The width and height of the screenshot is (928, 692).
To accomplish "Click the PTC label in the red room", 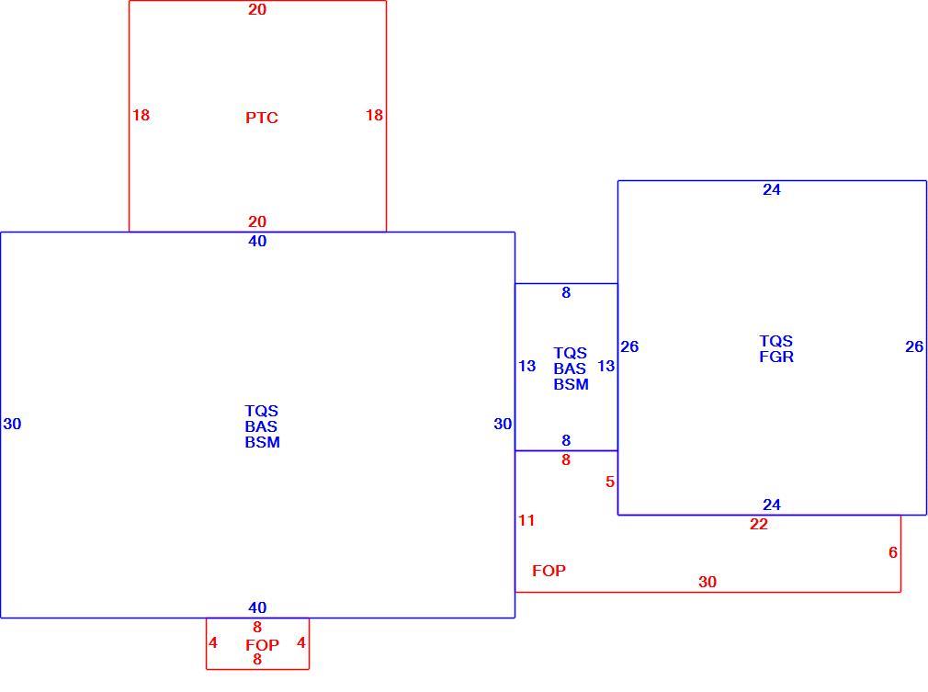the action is [262, 118].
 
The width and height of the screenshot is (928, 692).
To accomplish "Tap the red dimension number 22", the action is [759, 524].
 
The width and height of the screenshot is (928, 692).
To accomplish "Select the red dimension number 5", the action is [610, 482].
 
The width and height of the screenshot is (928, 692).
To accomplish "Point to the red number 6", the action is [893, 552].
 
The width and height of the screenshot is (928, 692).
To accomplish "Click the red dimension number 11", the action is [526, 520].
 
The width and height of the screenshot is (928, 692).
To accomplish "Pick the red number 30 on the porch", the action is [707, 582].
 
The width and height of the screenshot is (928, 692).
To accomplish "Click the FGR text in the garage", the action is [776, 357].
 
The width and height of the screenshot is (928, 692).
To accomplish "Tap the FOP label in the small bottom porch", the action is [262, 644].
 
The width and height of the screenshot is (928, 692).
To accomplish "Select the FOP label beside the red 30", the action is [549, 571].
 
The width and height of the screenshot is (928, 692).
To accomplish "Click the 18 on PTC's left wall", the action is [141, 115].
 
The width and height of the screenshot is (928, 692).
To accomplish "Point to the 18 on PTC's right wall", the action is [374, 115].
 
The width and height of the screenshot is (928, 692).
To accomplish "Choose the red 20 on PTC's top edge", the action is [257, 9].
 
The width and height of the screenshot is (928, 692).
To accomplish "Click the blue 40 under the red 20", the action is [257, 241].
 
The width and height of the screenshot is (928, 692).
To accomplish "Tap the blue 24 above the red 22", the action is [772, 505].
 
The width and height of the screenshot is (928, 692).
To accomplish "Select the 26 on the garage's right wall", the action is [914, 346].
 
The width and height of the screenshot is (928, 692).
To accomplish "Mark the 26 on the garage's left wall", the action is [629, 346].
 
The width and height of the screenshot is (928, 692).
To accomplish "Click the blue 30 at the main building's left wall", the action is [13, 424].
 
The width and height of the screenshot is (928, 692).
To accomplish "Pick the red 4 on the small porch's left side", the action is [213, 642].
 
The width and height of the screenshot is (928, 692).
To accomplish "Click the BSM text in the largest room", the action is [263, 442].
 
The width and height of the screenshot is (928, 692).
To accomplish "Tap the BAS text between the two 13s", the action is [570, 369].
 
